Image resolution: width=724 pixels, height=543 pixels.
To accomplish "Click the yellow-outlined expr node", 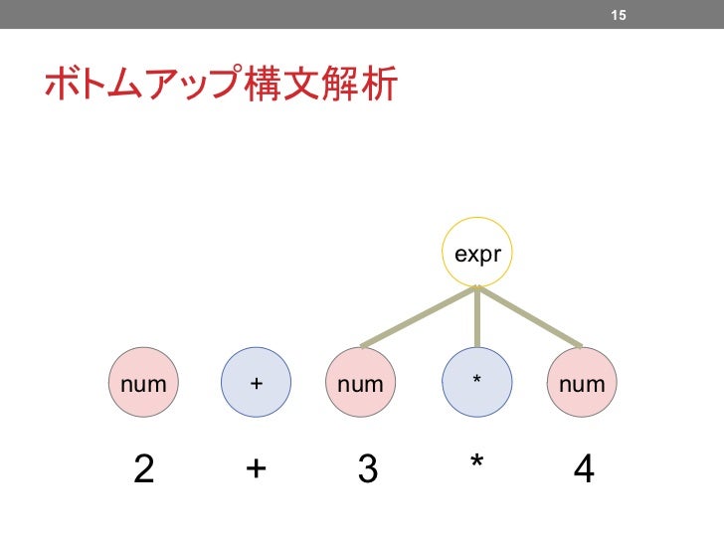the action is tap(477, 255).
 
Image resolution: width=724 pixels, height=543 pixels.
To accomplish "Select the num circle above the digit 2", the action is tap(142, 382).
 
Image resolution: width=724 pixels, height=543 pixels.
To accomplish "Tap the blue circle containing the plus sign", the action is tap(256, 382).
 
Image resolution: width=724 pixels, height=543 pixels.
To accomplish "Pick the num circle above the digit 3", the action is tap(360, 382).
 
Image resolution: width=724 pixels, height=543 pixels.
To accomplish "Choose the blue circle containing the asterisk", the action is tap(477, 382).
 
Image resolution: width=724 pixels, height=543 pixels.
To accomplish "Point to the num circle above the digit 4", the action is tap(582, 382).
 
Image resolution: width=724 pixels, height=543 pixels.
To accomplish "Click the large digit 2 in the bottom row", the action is tap(144, 468).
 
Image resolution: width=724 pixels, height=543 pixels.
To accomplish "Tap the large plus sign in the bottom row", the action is tap(256, 468).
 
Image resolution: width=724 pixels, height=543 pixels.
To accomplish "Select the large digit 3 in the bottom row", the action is tap(367, 468).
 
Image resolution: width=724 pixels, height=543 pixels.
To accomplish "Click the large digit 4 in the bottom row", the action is tap(585, 468).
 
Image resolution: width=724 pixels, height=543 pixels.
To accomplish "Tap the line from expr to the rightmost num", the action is tap(530, 316).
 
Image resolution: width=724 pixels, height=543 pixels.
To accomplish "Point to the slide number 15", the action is tap(618, 15).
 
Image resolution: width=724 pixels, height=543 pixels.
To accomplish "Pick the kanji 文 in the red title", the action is tap(300, 86).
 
